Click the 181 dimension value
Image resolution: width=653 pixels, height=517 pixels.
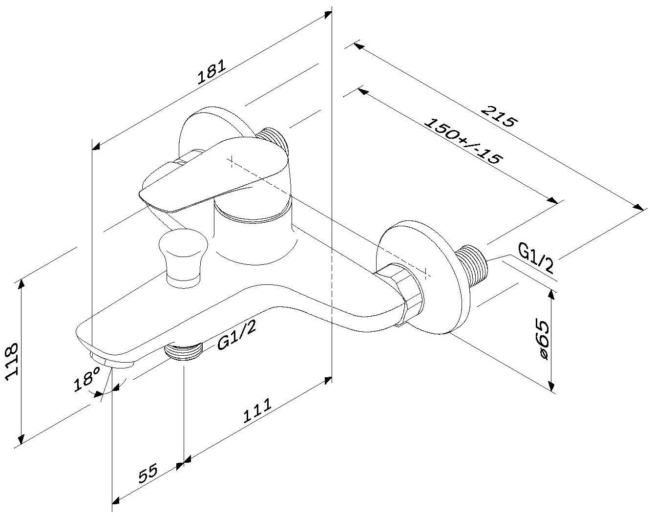click(211, 72)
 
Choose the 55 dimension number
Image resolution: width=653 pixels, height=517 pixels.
click(147, 474)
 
